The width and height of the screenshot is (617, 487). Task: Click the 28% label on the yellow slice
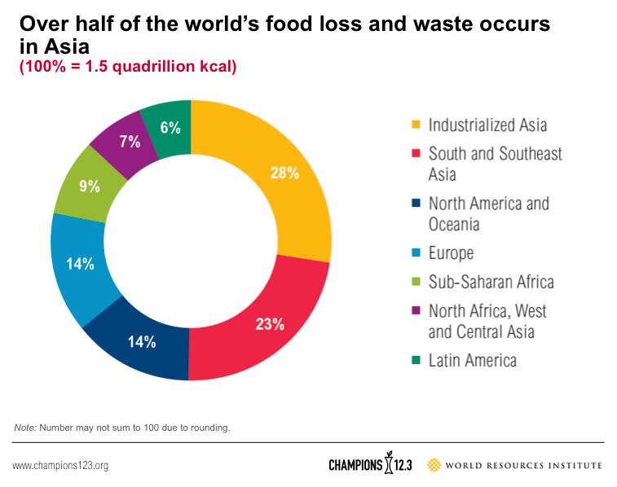pos(285,173)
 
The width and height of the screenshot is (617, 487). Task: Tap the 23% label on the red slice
pos(270,324)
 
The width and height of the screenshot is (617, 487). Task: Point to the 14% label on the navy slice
pos(141,341)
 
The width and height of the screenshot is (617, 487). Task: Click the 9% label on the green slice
pos(89,186)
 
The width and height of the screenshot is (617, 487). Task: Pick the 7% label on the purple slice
pos(129,142)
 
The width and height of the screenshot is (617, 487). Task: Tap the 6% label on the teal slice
pos(170,127)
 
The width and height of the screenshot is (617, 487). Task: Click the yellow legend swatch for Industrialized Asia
pos(416,125)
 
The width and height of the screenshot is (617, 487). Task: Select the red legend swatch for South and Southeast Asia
pos(416,153)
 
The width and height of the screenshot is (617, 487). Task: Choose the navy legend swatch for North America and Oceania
pos(416,204)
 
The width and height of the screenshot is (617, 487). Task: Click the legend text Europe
pos(451,253)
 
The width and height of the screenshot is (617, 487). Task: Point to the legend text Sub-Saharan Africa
pos(491,282)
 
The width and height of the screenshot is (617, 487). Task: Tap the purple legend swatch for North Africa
pos(416,311)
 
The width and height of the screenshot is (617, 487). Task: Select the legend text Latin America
pos(472,360)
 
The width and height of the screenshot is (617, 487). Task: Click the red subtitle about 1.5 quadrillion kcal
pos(128,66)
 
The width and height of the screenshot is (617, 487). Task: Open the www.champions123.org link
pos(60,466)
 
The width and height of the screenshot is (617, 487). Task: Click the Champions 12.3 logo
pos(370,465)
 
